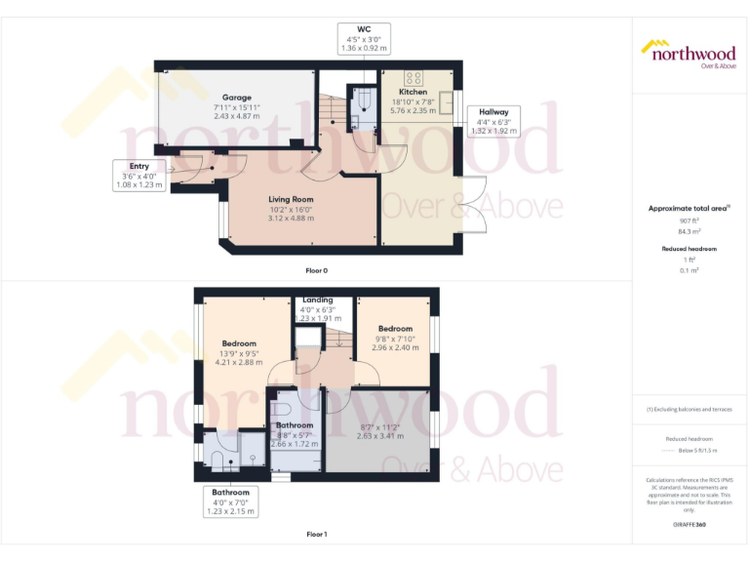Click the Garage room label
click(236, 98)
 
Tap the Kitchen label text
click(413, 92)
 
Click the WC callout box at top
click(364, 37)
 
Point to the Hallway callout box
click(493, 121)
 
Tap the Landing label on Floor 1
click(318, 300)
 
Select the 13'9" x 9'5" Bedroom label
click(239, 343)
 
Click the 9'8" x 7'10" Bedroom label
click(395, 329)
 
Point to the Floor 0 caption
click(317, 268)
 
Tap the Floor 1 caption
click(317, 534)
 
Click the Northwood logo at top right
click(689, 53)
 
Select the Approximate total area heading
click(689, 209)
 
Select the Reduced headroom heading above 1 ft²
click(689, 249)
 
